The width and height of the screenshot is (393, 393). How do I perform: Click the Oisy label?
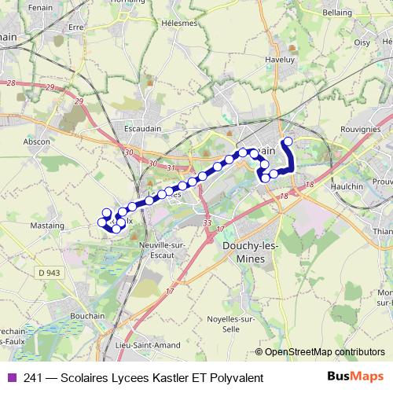[362, 42]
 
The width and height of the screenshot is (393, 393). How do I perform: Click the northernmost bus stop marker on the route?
[288, 141]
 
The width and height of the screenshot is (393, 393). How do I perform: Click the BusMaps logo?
[354, 376]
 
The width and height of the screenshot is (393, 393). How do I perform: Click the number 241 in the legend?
[34, 378]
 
